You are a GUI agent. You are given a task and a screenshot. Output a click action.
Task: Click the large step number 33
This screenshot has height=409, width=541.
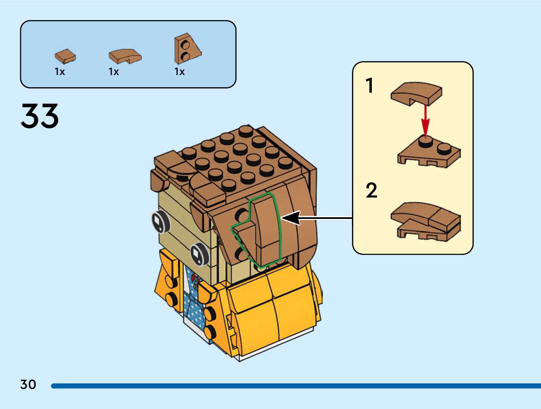pyautogui.click(x=40, y=116)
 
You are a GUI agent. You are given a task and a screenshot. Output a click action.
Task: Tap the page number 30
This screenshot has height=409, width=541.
pyautogui.click(x=28, y=385)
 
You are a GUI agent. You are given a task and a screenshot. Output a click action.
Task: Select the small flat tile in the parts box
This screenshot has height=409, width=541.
pyautogui.click(x=65, y=56)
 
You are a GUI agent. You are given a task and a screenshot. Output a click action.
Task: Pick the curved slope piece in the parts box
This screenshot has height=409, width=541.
pyautogui.click(x=125, y=56)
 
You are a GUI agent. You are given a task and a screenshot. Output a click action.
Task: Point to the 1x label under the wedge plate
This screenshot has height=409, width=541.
pyautogui.click(x=180, y=72)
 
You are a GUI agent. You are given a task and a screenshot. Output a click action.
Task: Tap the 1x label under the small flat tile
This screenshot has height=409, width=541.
pyautogui.click(x=60, y=72)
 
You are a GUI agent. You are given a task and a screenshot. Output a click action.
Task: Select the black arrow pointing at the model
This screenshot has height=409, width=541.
pyautogui.click(x=316, y=218)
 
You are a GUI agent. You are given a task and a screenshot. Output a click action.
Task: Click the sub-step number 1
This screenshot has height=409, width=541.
pyautogui.click(x=370, y=86)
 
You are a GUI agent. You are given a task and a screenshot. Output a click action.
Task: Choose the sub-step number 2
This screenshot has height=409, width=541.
pyautogui.click(x=371, y=190)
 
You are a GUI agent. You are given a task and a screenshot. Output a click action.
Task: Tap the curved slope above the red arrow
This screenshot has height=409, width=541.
pyautogui.click(x=416, y=93)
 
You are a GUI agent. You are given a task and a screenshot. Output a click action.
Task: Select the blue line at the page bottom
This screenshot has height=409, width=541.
pyautogui.click(x=295, y=386)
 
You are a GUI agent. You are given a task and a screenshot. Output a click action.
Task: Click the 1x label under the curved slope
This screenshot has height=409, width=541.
pyautogui.click(x=114, y=72)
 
